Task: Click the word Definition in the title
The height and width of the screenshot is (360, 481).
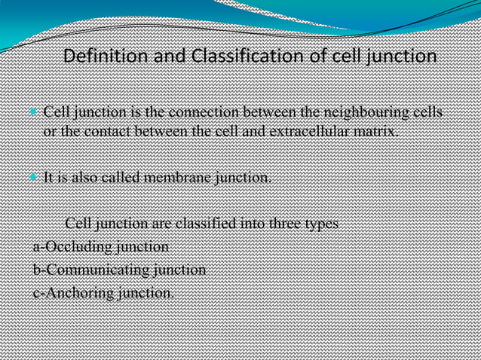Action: click(x=100, y=56)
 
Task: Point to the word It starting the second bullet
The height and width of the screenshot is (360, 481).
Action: click(x=49, y=178)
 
